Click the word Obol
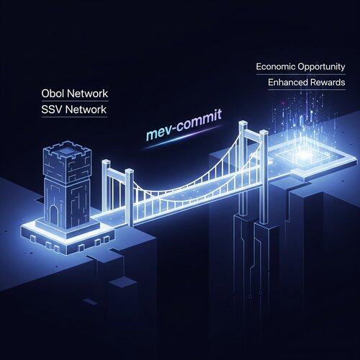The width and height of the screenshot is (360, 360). tap(53, 94)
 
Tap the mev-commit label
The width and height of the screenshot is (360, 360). tap(184, 125)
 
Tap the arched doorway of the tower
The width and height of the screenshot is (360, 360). tap(53, 215)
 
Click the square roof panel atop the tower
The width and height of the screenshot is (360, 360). tap(67, 151)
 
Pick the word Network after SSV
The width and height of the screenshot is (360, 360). tap(86, 109)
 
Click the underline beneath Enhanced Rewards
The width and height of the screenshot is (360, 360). tap(307, 90)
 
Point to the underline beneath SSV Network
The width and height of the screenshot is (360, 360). tap(74, 117)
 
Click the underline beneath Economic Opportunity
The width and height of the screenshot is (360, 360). tap(301, 75)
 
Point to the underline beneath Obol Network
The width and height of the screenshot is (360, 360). tap(75, 101)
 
